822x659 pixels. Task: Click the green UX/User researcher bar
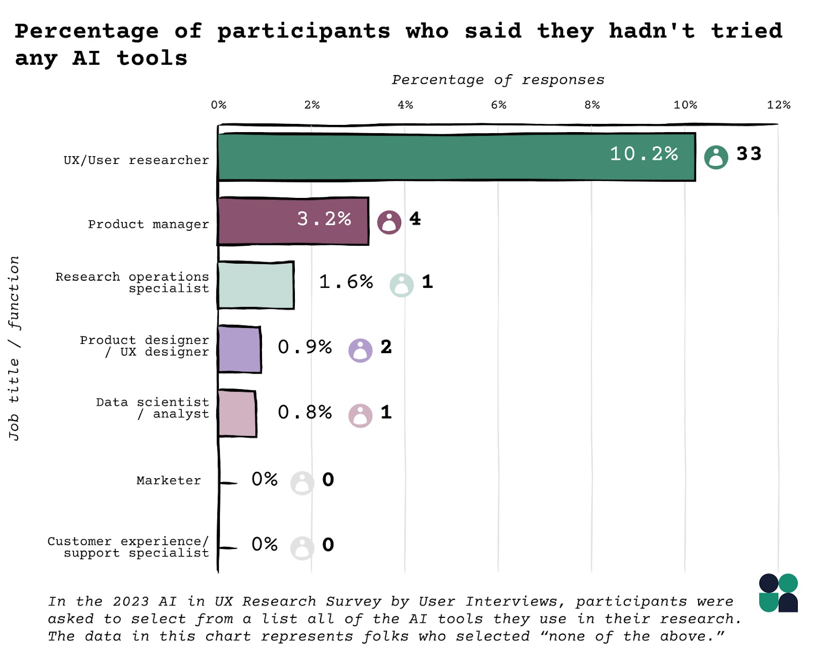click(x=411, y=157)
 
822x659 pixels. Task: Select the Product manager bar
click(x=257, y=221)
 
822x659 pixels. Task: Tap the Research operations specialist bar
click(x=255, y=285)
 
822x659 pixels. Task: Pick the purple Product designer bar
click(x=239, y=350)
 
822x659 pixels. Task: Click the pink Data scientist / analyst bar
click(x=237, y=413)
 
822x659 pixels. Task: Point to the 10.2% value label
click(x=644, y=154)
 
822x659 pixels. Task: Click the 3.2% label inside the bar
click(x=324, y=219)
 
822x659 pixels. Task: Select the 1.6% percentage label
click(x=346, y=282)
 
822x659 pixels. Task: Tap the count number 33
click(x=749, y=154)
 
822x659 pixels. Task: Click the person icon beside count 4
click(x=389, y=222)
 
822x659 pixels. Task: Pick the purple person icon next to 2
click(x=360, y=351)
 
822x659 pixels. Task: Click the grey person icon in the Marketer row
click(x=302, y=483)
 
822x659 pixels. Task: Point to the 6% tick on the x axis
click(x=498, y=105)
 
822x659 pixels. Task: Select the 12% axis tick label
click(x=778, y=105)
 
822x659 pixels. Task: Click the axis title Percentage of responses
click(x=498, y=80)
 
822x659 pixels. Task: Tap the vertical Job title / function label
click(x=14, y=348)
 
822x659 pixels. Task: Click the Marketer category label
click(x=169, y=481)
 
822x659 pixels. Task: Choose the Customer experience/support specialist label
click(x=128, y=547)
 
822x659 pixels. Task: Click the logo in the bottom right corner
click(x=778, y=593)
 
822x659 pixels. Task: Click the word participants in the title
click(x=304, y=32)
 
